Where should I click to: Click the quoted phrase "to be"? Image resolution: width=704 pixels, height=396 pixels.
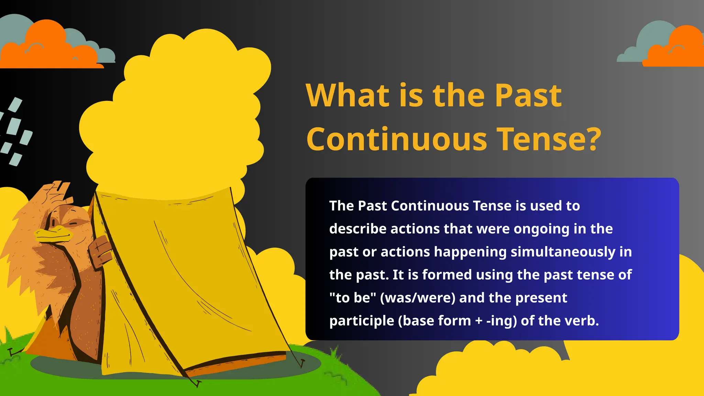(353, 298)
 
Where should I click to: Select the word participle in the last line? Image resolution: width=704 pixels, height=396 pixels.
(362, 321)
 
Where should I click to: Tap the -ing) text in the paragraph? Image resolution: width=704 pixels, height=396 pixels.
(502, 321)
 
